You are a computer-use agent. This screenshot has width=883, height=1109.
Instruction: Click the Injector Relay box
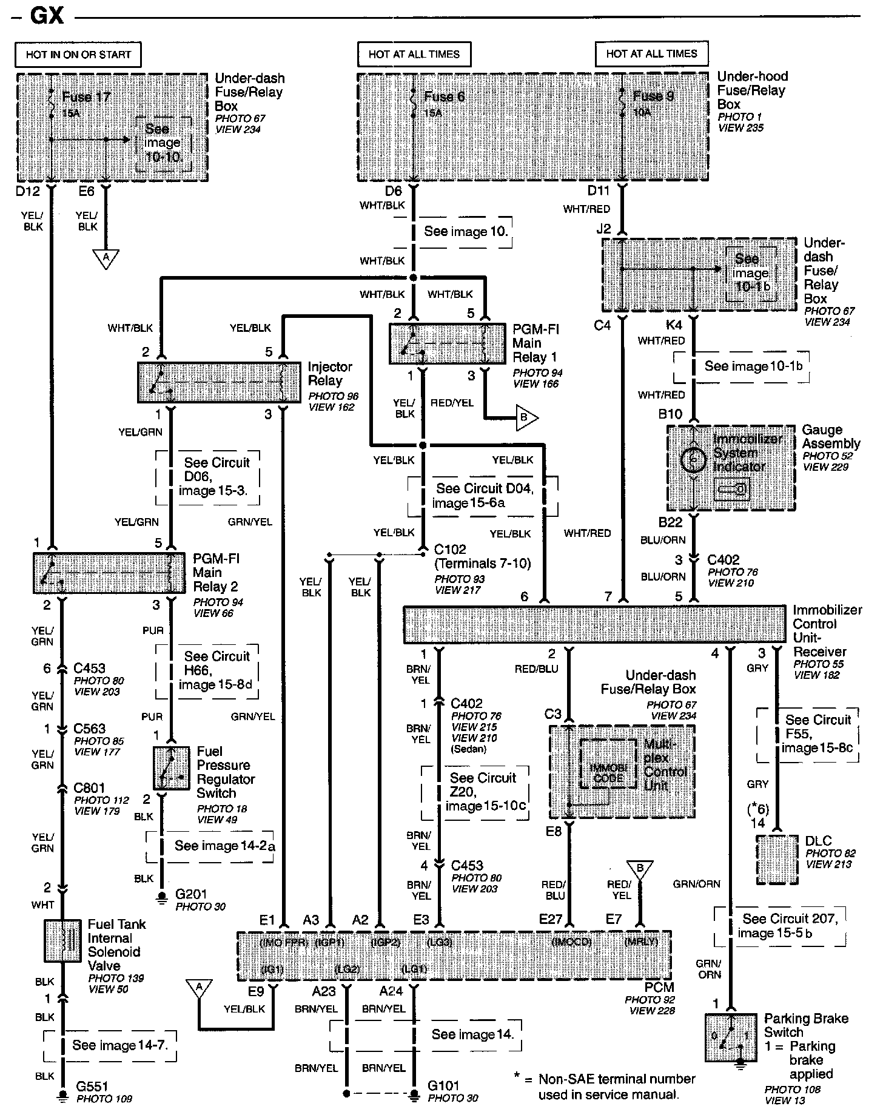(219, 382)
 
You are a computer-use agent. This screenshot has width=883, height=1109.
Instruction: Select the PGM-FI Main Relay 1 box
(447, 343)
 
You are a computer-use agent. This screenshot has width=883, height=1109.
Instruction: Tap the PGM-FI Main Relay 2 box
(109, 573)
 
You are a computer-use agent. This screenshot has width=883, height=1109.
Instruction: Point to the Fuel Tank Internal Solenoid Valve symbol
(62, 940)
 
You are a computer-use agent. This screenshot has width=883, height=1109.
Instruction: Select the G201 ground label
(191, 894)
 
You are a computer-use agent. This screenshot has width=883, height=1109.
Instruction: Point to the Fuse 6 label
(444, 96)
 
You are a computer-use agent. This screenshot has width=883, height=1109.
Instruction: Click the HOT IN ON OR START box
(78, 55)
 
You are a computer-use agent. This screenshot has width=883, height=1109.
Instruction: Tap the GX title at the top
(46, 15)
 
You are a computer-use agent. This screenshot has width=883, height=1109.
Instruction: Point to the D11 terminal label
(598, 191)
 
